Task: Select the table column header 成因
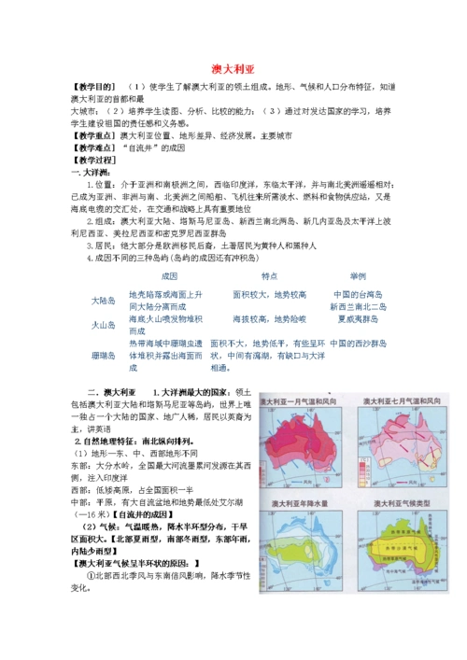169,276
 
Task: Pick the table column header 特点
270,276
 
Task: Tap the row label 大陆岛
103,300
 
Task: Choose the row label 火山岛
103,324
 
